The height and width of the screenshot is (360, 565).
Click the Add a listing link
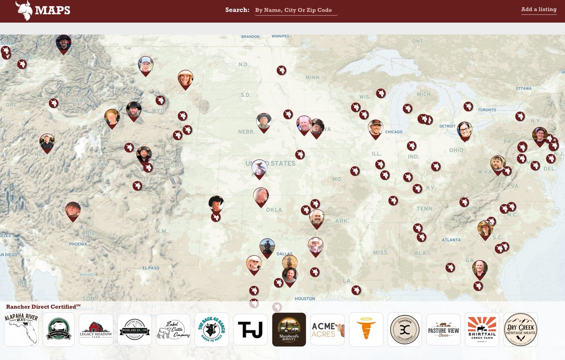coord(539,9)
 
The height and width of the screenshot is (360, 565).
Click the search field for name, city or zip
coord(296,10)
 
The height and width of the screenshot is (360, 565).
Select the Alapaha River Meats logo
coord(21,330)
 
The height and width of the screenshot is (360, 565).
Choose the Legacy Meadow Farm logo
coord(96,330)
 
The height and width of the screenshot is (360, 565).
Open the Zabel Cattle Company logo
coord(173,330)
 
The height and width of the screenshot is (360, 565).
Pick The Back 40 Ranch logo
coord(212,330)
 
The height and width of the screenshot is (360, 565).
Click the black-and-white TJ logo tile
coord(250,330)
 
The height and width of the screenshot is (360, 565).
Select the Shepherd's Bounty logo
coord(289,330)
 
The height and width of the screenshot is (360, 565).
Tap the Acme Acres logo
coord(328,330)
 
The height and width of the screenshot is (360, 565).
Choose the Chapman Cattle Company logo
coord(405,330)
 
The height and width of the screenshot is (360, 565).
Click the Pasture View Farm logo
coord(444,330)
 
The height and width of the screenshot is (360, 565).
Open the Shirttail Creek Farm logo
coord(482,330)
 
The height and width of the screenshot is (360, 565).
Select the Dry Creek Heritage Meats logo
coord(520,330)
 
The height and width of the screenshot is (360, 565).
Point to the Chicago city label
coord(394,132)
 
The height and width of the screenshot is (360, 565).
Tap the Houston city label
coord(305,299)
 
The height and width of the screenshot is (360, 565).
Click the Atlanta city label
coord(451,240)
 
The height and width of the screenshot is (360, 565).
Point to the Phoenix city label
coord(78,244)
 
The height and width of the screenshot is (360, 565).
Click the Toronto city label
coord(487,110)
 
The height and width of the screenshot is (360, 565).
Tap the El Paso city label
coord(151,268)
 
